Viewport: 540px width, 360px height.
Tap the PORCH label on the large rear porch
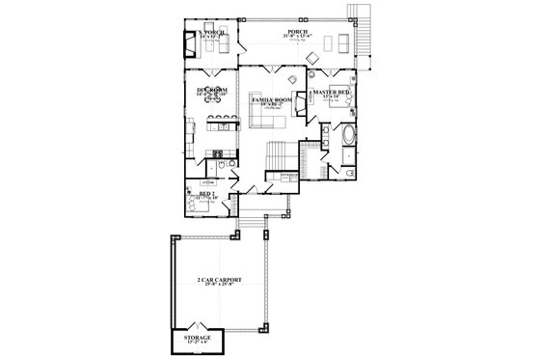coord(297,35)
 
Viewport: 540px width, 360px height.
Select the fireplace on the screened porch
coord(190,45)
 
